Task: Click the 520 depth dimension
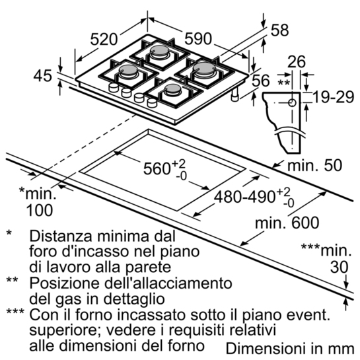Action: coord(104,39)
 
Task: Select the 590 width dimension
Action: coord(198,38)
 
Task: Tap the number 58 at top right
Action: coord(279,30)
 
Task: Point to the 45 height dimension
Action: coord(43,76)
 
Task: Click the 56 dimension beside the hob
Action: coord(261,81)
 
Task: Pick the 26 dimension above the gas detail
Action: coord(297,61)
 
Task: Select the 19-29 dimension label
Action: coord(334,97)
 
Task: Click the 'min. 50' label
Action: coord(315,165)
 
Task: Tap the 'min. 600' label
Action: coord(287,222)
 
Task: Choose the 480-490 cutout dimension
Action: coord(245,197)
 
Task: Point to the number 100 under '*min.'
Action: coord(40,210)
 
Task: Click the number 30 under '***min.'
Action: coord(340,267)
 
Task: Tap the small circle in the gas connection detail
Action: coord(292,102)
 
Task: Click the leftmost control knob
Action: coord(114,87)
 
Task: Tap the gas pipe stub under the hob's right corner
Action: coord(235,94)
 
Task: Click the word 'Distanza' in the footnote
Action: coord(59,236)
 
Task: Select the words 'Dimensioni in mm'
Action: coord(290,348)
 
